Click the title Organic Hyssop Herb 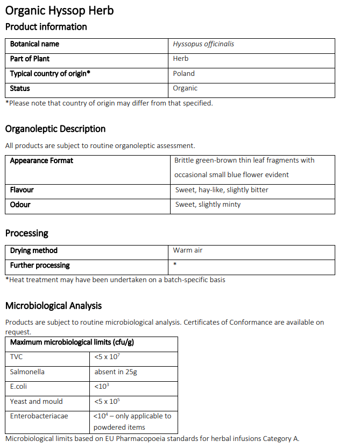click(59, 10)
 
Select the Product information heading click(46, 27)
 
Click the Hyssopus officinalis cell click(203, 44)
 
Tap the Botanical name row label click(34, 44)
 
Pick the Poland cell click(184, 74)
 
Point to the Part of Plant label click(30, 59)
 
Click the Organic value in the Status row click(185, 88)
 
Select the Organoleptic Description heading click(55, 129)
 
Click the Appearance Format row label click(41, 160)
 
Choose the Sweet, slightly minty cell click(208, 205)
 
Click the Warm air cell click(187, 250)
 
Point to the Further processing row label click(40, 265)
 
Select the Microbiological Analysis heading click(53, 306)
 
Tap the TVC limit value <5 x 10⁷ click(107, 357)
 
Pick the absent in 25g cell click(115, 372)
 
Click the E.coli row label click(18, 387)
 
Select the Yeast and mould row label click(36, 402)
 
